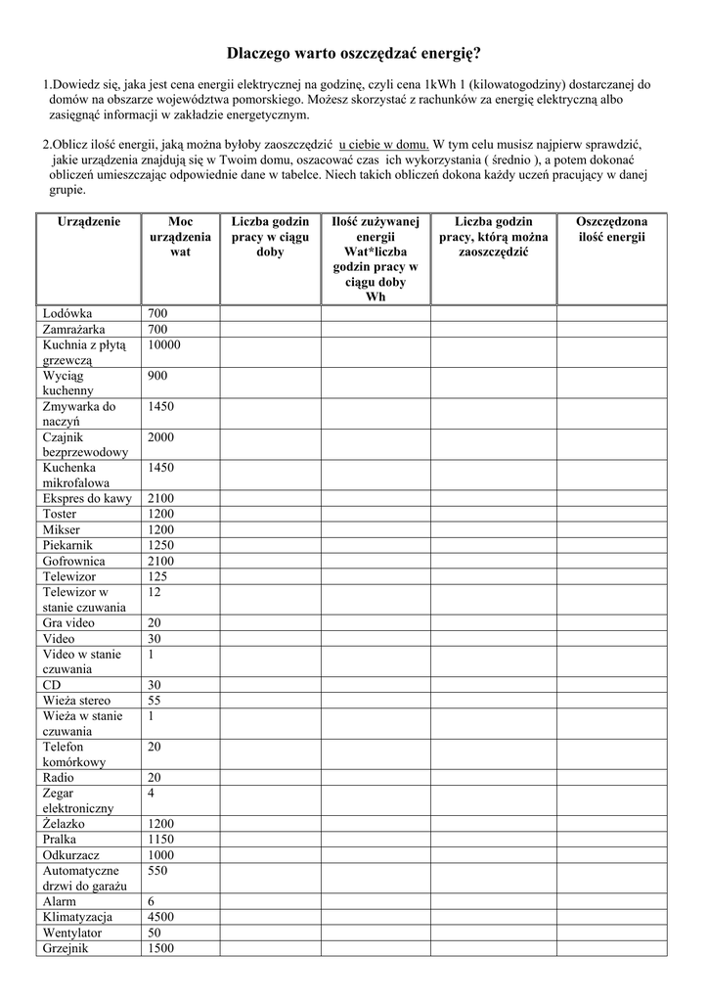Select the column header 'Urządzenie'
(89, 222)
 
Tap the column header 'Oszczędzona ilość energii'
(611, 229)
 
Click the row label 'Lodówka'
(67, 313)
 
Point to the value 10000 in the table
(164, 344)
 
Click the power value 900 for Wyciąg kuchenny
(157, 375)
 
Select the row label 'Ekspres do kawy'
(87, 498)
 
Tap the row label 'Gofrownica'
(73, 561)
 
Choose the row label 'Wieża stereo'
(76, 701)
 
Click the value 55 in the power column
(155, 701)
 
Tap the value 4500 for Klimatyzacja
(160, 917)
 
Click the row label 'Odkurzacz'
(71, 854)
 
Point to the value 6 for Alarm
(151, 901)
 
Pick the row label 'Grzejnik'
(66, 948)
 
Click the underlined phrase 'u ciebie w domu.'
(384, 142)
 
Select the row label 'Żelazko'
(64, 824)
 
